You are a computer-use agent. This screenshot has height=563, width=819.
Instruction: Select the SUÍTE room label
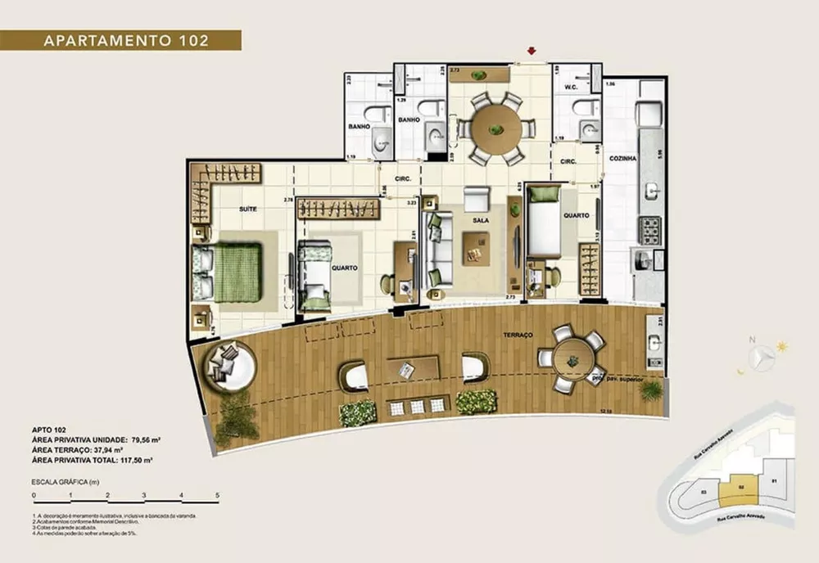click(x=248, y=209)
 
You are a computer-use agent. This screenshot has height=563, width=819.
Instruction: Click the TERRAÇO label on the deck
click(x=518, y=336)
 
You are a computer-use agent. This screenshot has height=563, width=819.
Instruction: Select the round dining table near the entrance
click(x=495, y=128)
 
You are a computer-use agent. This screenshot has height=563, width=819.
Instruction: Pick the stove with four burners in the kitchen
click(x=650, y=230)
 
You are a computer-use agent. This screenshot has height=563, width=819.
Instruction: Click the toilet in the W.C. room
click(x=586, y=107)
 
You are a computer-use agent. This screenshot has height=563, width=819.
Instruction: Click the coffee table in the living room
click(x=476, y=248)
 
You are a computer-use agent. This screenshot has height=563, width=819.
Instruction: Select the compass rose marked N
click(x=763, y=357)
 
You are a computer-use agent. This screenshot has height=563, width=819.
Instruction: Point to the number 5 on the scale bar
click(x=217, y=495)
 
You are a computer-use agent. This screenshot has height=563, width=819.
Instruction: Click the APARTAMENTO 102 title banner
click(x=121, y=40)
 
